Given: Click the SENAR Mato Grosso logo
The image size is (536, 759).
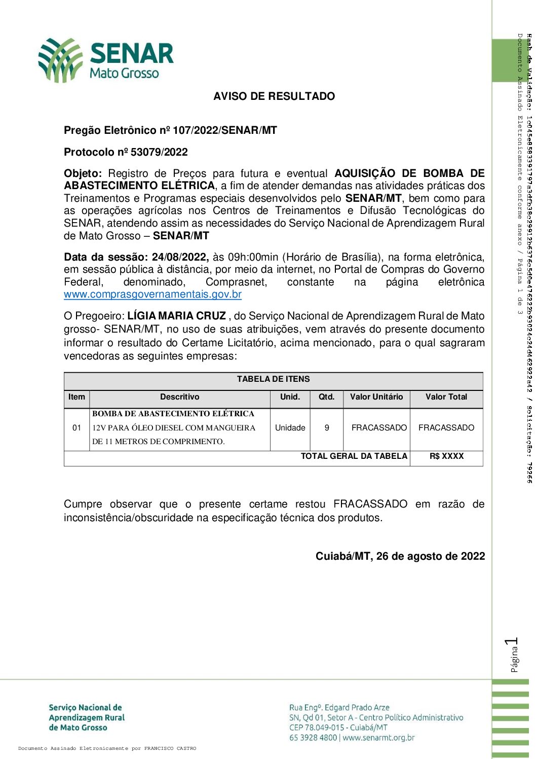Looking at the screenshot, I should [x=106, y=60].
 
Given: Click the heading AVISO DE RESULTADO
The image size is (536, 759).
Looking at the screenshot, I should [x=274, y=96].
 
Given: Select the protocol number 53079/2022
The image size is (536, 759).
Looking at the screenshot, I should [x=159, y=152].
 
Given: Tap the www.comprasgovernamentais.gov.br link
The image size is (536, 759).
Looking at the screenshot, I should [x=152, y=295].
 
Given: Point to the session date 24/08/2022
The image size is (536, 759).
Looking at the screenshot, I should [x=179, y=257].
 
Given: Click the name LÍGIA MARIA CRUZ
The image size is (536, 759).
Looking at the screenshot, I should [x=176, y=316].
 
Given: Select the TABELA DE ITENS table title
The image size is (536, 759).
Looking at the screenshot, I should [x=273, y=379].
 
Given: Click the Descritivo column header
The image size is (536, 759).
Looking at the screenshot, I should [x=179, y=397].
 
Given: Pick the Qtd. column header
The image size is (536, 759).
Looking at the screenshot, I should [x=326, y=397].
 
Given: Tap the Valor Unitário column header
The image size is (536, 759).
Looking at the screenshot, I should [x=376, y=397].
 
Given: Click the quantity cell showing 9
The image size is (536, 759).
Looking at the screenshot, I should [x=327, y=428].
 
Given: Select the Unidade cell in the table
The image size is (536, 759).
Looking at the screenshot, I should [x=290, y=428].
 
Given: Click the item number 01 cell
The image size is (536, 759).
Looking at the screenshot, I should [x=76, y=428].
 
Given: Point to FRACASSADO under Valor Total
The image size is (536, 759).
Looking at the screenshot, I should [x=446, y=428].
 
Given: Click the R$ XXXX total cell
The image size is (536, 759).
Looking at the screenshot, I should [x=446, y=456].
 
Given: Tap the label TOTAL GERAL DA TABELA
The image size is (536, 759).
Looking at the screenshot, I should [x=354, y=456].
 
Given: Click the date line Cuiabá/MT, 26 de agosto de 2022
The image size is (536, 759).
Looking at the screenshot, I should [x=400, y=556].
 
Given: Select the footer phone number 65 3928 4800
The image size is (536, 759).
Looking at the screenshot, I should [x=313, y=738].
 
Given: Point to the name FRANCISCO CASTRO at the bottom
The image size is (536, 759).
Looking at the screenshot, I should [x=170, y=748].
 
